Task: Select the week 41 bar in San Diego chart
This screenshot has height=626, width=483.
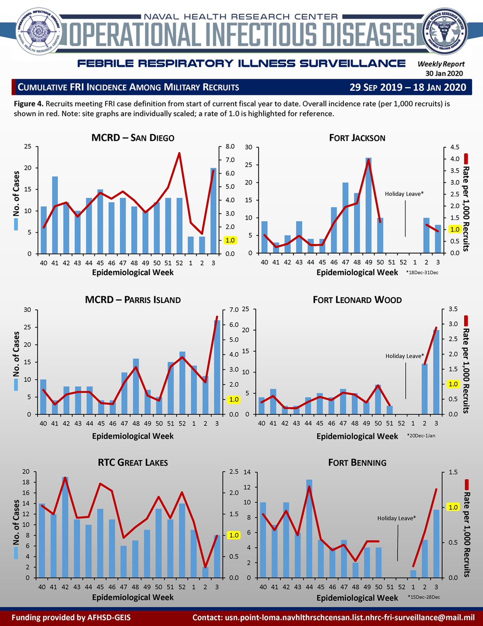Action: tap(55, 215)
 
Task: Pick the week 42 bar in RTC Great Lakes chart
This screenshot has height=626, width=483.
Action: tap(66, 527)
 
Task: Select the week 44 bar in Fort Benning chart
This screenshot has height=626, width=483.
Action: tap(309, 528)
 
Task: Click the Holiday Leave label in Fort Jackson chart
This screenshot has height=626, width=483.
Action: tap(404, 194)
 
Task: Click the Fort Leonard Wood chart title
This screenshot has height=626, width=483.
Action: tap(357, 300)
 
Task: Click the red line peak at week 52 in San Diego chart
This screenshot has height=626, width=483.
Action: tap(179, 153)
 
